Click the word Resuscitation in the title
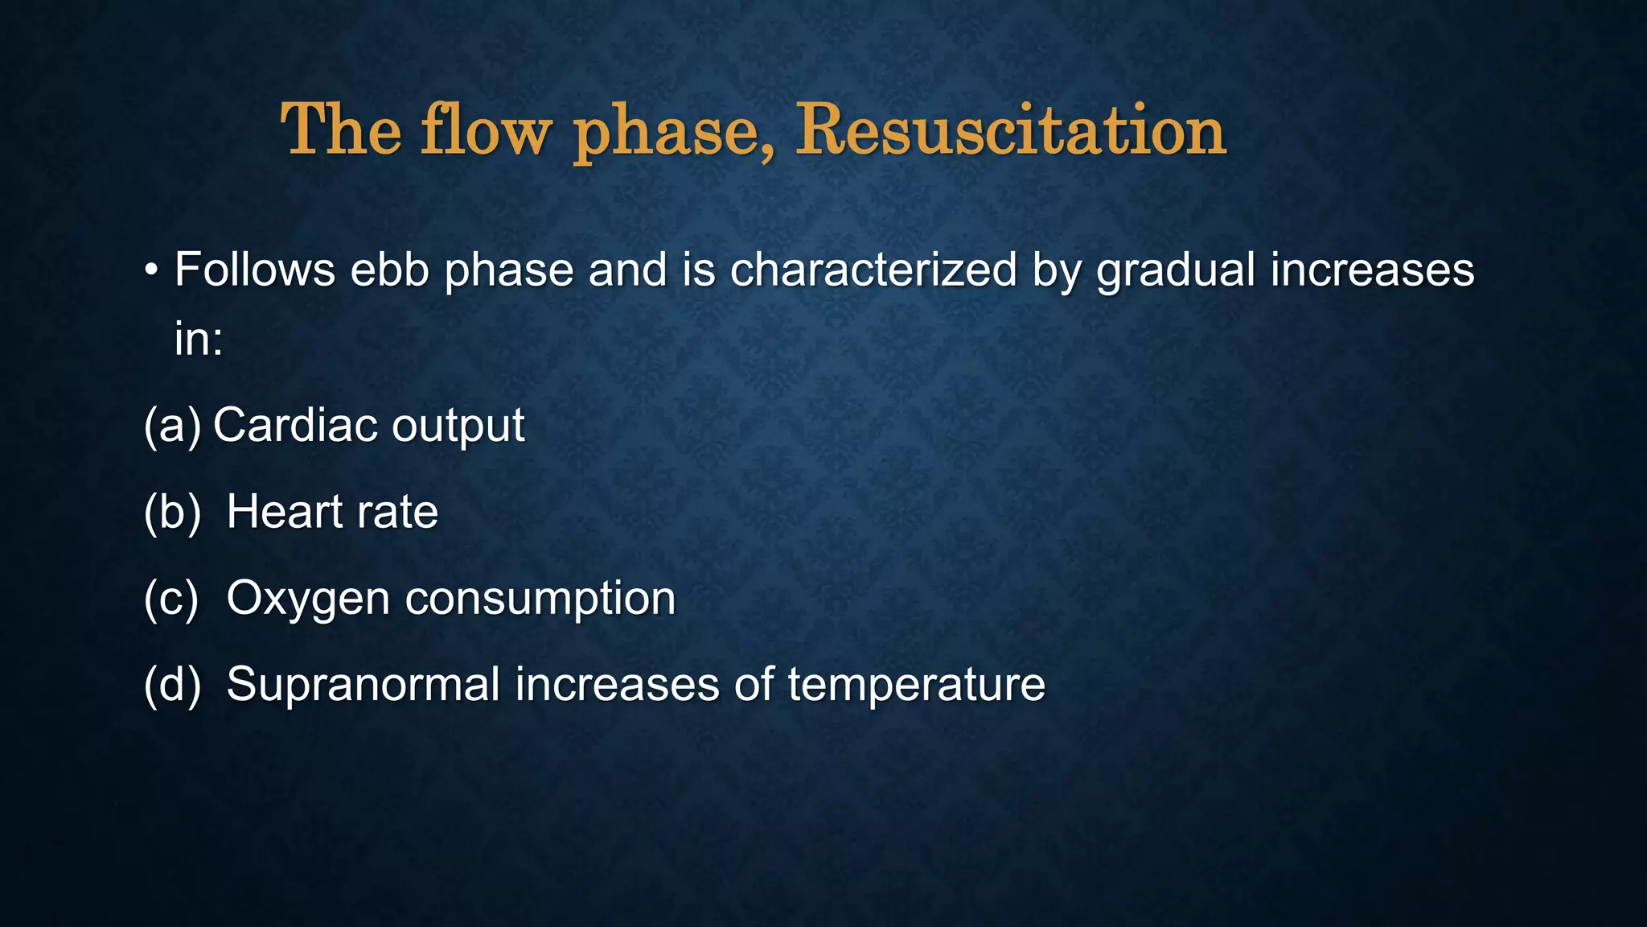pos(1011,130)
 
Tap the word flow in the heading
pos(486,130)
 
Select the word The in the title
pos(341,130)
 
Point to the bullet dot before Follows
pos(151,271)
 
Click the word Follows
pos(255,270)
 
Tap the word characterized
pos(873,270)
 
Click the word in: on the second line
pos(199,338)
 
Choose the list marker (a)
pos(172,426)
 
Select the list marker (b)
pos(172,513)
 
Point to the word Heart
pos(285,512)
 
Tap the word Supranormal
pos(363,686)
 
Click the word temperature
pos(917,686)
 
